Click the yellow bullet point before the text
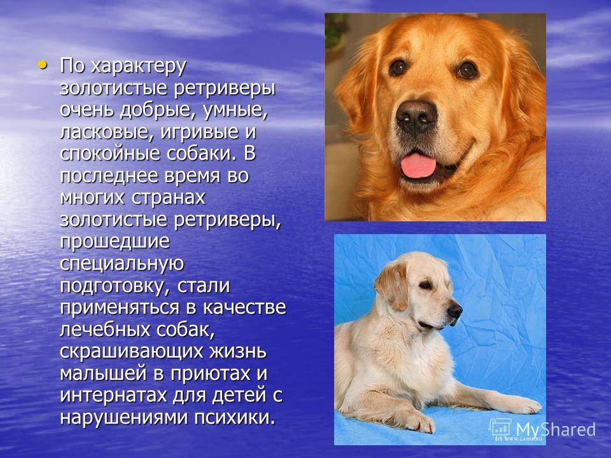43,65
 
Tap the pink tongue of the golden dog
418,165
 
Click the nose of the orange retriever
416,116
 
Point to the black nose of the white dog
454,311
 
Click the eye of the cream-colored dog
426,286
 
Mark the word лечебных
105,330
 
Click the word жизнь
238,351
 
